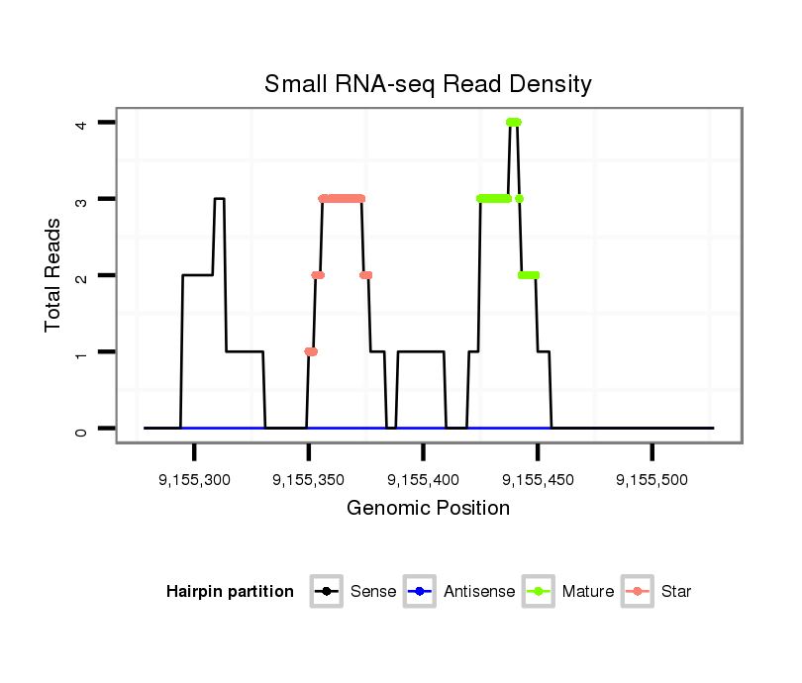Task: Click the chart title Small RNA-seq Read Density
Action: (x=428, y=84)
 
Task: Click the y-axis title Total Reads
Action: (x=55, y=274)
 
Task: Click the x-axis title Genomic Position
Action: (x=428, y=509)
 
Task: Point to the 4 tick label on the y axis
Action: (x=82, y=123)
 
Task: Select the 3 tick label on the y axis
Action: (x=82, y=199)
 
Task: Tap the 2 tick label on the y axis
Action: (x=82, y=275)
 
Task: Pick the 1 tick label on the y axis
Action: (x=82, y=352)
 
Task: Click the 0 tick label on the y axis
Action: (x=82, y=429)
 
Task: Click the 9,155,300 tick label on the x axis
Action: (x=195, y=480)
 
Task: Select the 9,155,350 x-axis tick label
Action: (x=309, y=480)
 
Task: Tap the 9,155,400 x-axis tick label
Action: (x=424, y=480)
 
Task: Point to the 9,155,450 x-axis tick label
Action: (x=538, y=480)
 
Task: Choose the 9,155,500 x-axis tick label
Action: (x=652, y=480)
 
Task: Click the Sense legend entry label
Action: (x=373, y=592)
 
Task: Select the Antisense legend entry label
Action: (x=479, y=592)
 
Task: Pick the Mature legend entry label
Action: (x=588, y=592)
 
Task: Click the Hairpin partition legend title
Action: (x=231, y=592)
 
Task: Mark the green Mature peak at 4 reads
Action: (x=513, y=122)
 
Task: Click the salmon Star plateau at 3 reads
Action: (x=342, y=198)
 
